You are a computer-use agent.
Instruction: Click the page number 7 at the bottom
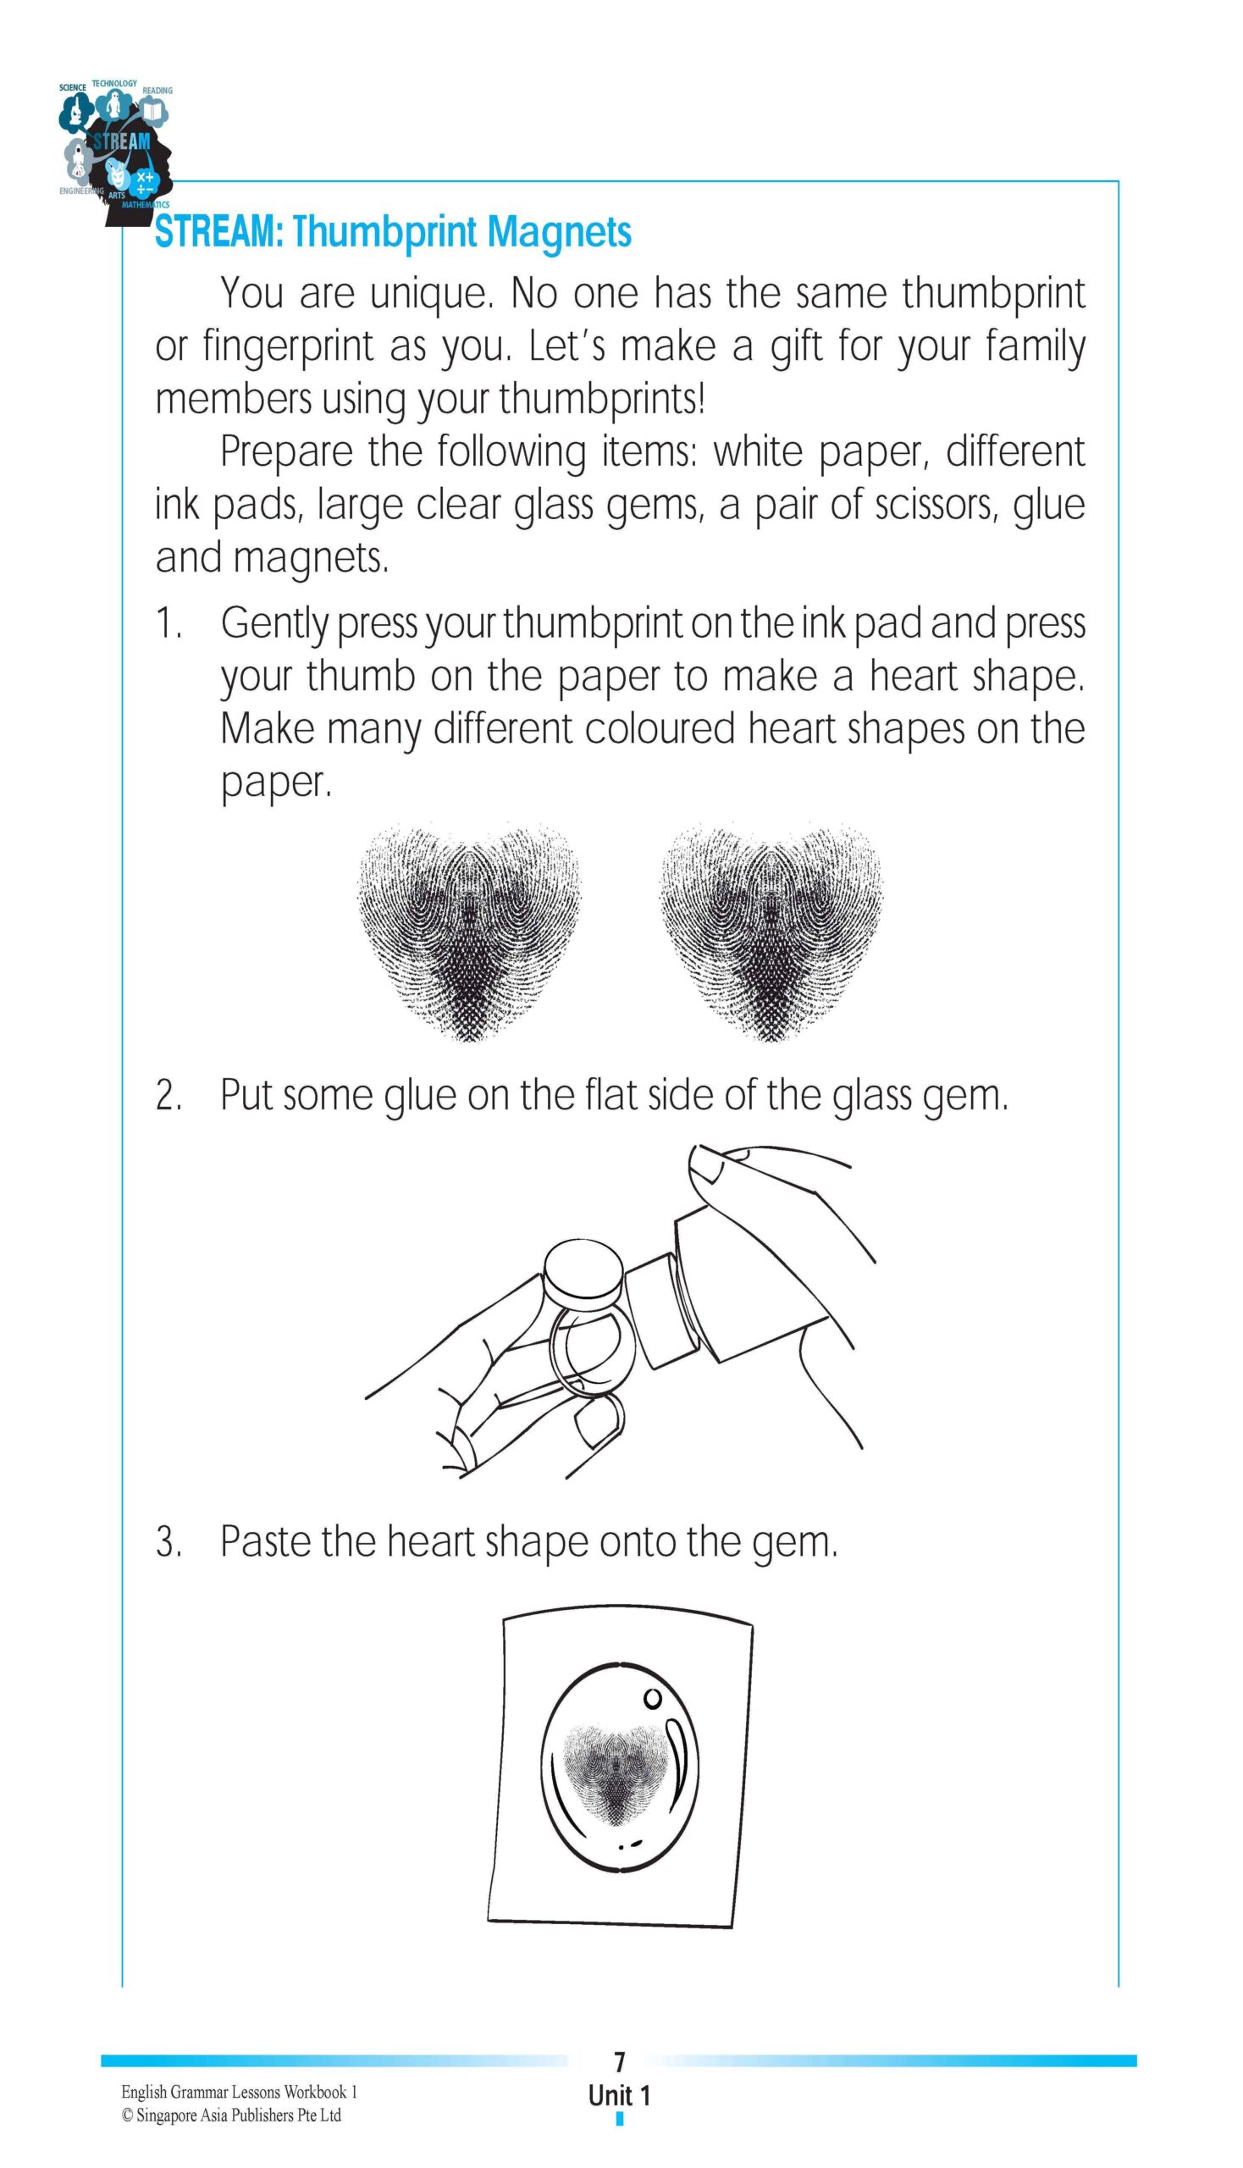coord(620,2063)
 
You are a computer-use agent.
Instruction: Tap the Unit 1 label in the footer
coord(620,2095)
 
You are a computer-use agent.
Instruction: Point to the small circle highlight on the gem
coord(652,1698)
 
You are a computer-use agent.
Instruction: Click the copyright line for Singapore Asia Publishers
coord(231,2115)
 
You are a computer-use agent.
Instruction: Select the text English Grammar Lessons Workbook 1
coord(239,2092)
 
